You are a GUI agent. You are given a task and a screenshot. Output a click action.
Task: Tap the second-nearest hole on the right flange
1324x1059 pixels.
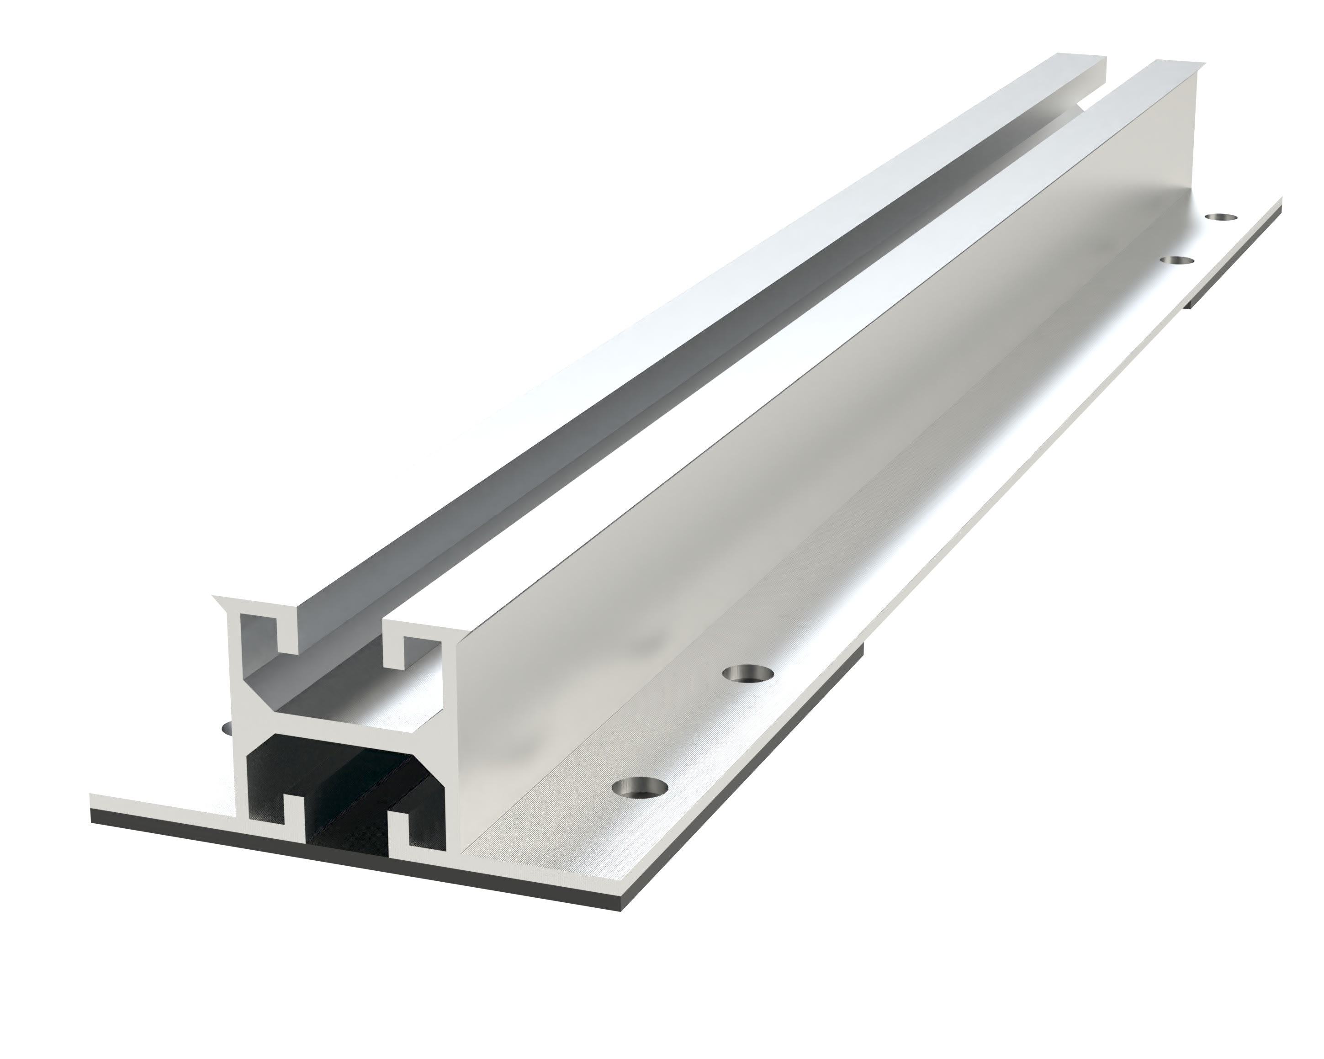click(747, 673)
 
